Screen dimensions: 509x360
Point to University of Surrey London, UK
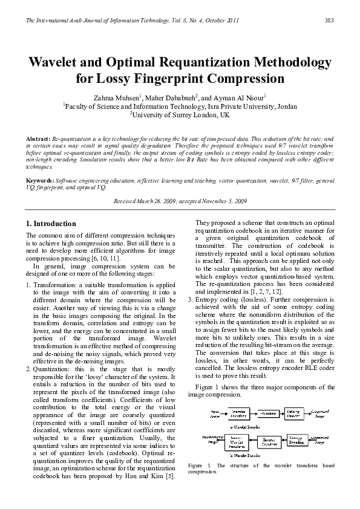click(180, 114)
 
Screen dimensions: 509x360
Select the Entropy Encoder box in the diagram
click(294, 413)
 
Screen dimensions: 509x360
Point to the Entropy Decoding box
click(296, 438)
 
